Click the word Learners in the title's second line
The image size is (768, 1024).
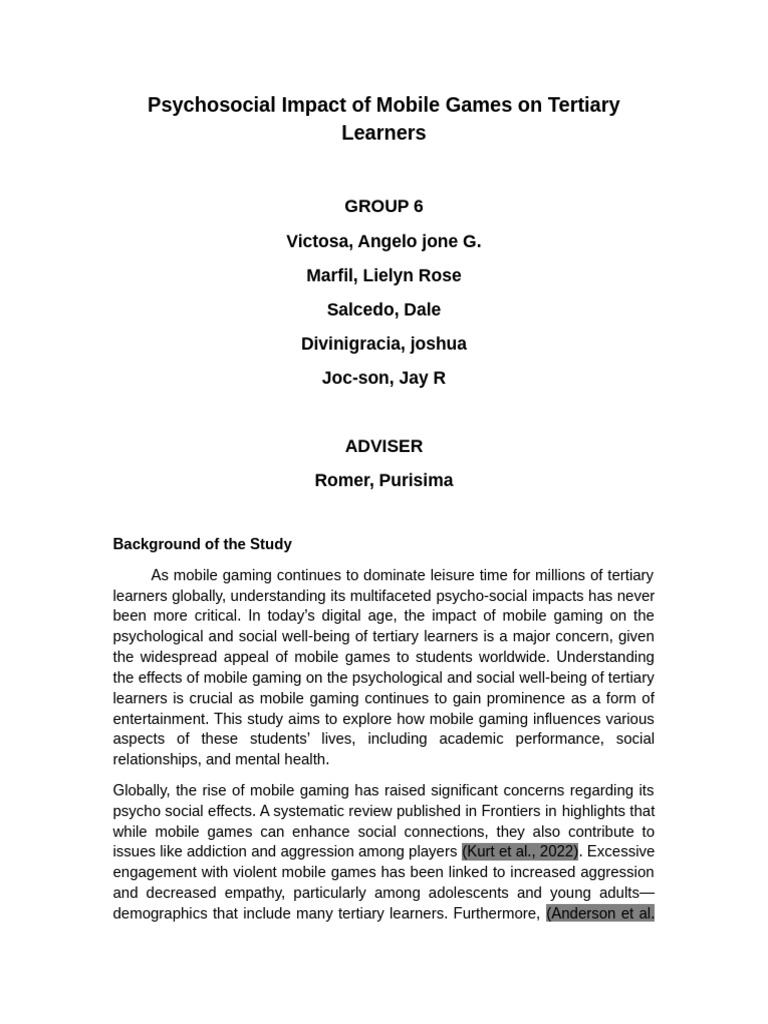coord(384,133)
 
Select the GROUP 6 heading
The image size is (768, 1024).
coord(384,207)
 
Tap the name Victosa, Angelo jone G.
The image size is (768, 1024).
coord(384,241)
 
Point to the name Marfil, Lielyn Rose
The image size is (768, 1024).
coord(384,275)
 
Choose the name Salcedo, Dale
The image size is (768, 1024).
coord(384,310)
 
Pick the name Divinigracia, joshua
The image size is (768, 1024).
coord(384,344)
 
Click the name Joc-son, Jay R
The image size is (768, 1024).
coord(384,378)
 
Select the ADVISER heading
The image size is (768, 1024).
coord(384,446)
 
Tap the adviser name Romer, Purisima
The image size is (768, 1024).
coord(384,480)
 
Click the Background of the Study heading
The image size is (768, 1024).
coord(202,544)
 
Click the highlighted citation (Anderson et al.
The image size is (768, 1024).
coord(600,913)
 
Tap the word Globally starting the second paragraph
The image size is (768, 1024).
coord(142,790)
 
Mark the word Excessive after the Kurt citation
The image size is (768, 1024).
coord(621,852)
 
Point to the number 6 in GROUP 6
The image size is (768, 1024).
coord(417,207)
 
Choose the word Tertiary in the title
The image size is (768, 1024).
coord(583,105)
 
